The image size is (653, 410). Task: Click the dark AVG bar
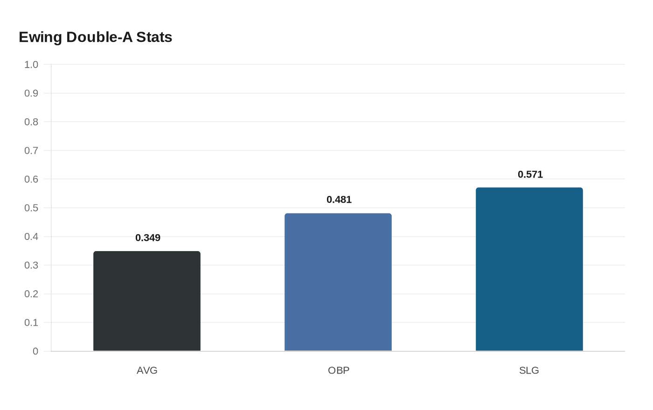147,301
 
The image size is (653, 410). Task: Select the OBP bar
338,282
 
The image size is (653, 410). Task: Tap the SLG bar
529,269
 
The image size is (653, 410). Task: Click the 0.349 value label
148,238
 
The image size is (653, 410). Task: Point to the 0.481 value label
339,199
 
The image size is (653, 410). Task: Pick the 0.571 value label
530,174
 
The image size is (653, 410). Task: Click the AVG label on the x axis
147,370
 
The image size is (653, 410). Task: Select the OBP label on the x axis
339,370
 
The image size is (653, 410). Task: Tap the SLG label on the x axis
529,370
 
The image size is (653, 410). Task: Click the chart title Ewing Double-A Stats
95,37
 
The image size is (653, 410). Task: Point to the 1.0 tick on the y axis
31,64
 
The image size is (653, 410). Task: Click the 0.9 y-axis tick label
31,93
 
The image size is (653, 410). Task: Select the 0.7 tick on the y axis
31,150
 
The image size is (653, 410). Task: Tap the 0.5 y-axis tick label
31,208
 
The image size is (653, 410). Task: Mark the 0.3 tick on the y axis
31,265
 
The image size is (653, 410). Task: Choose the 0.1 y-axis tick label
31,322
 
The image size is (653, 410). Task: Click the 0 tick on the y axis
35,351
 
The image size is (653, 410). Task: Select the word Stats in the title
154,37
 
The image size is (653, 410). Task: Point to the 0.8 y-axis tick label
31,122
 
